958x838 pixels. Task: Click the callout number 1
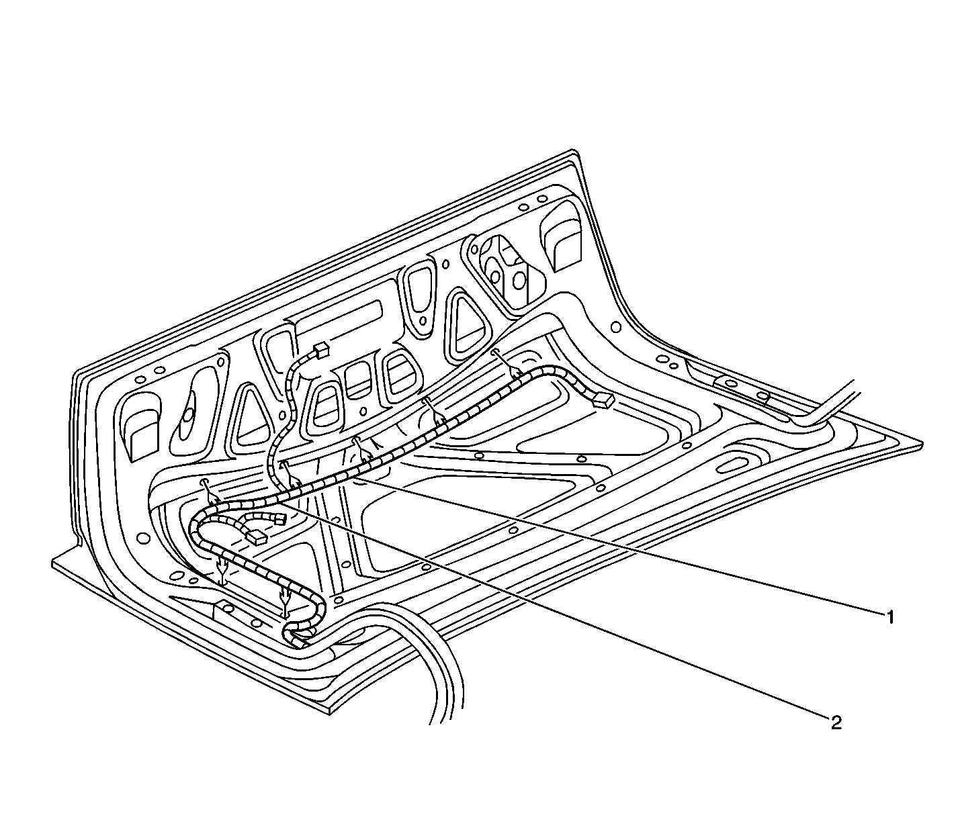click(x=889, y=617)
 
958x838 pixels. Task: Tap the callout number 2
click(x=836, y=722)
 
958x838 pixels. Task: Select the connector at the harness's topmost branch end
click(x=320, y=350)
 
